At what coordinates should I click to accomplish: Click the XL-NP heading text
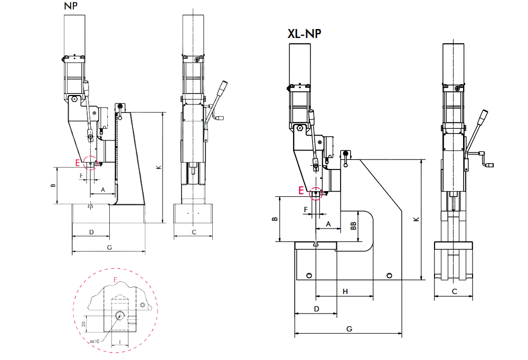point(304,34)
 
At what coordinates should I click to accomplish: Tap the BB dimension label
point(353,226)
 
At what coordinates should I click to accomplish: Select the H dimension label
point(345,291)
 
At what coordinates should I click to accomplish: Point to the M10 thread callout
point(95,342)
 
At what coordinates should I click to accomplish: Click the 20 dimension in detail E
point(83,324)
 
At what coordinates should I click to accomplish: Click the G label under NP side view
point(109,247)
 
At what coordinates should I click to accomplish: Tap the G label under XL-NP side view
point(349,328)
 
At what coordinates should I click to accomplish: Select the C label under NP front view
point(194,232)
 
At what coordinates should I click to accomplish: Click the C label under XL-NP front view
point(454,291)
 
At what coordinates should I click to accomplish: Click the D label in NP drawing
point(91,232)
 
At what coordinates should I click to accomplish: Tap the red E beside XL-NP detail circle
point(301,191)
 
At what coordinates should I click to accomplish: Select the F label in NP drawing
point(81,174)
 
